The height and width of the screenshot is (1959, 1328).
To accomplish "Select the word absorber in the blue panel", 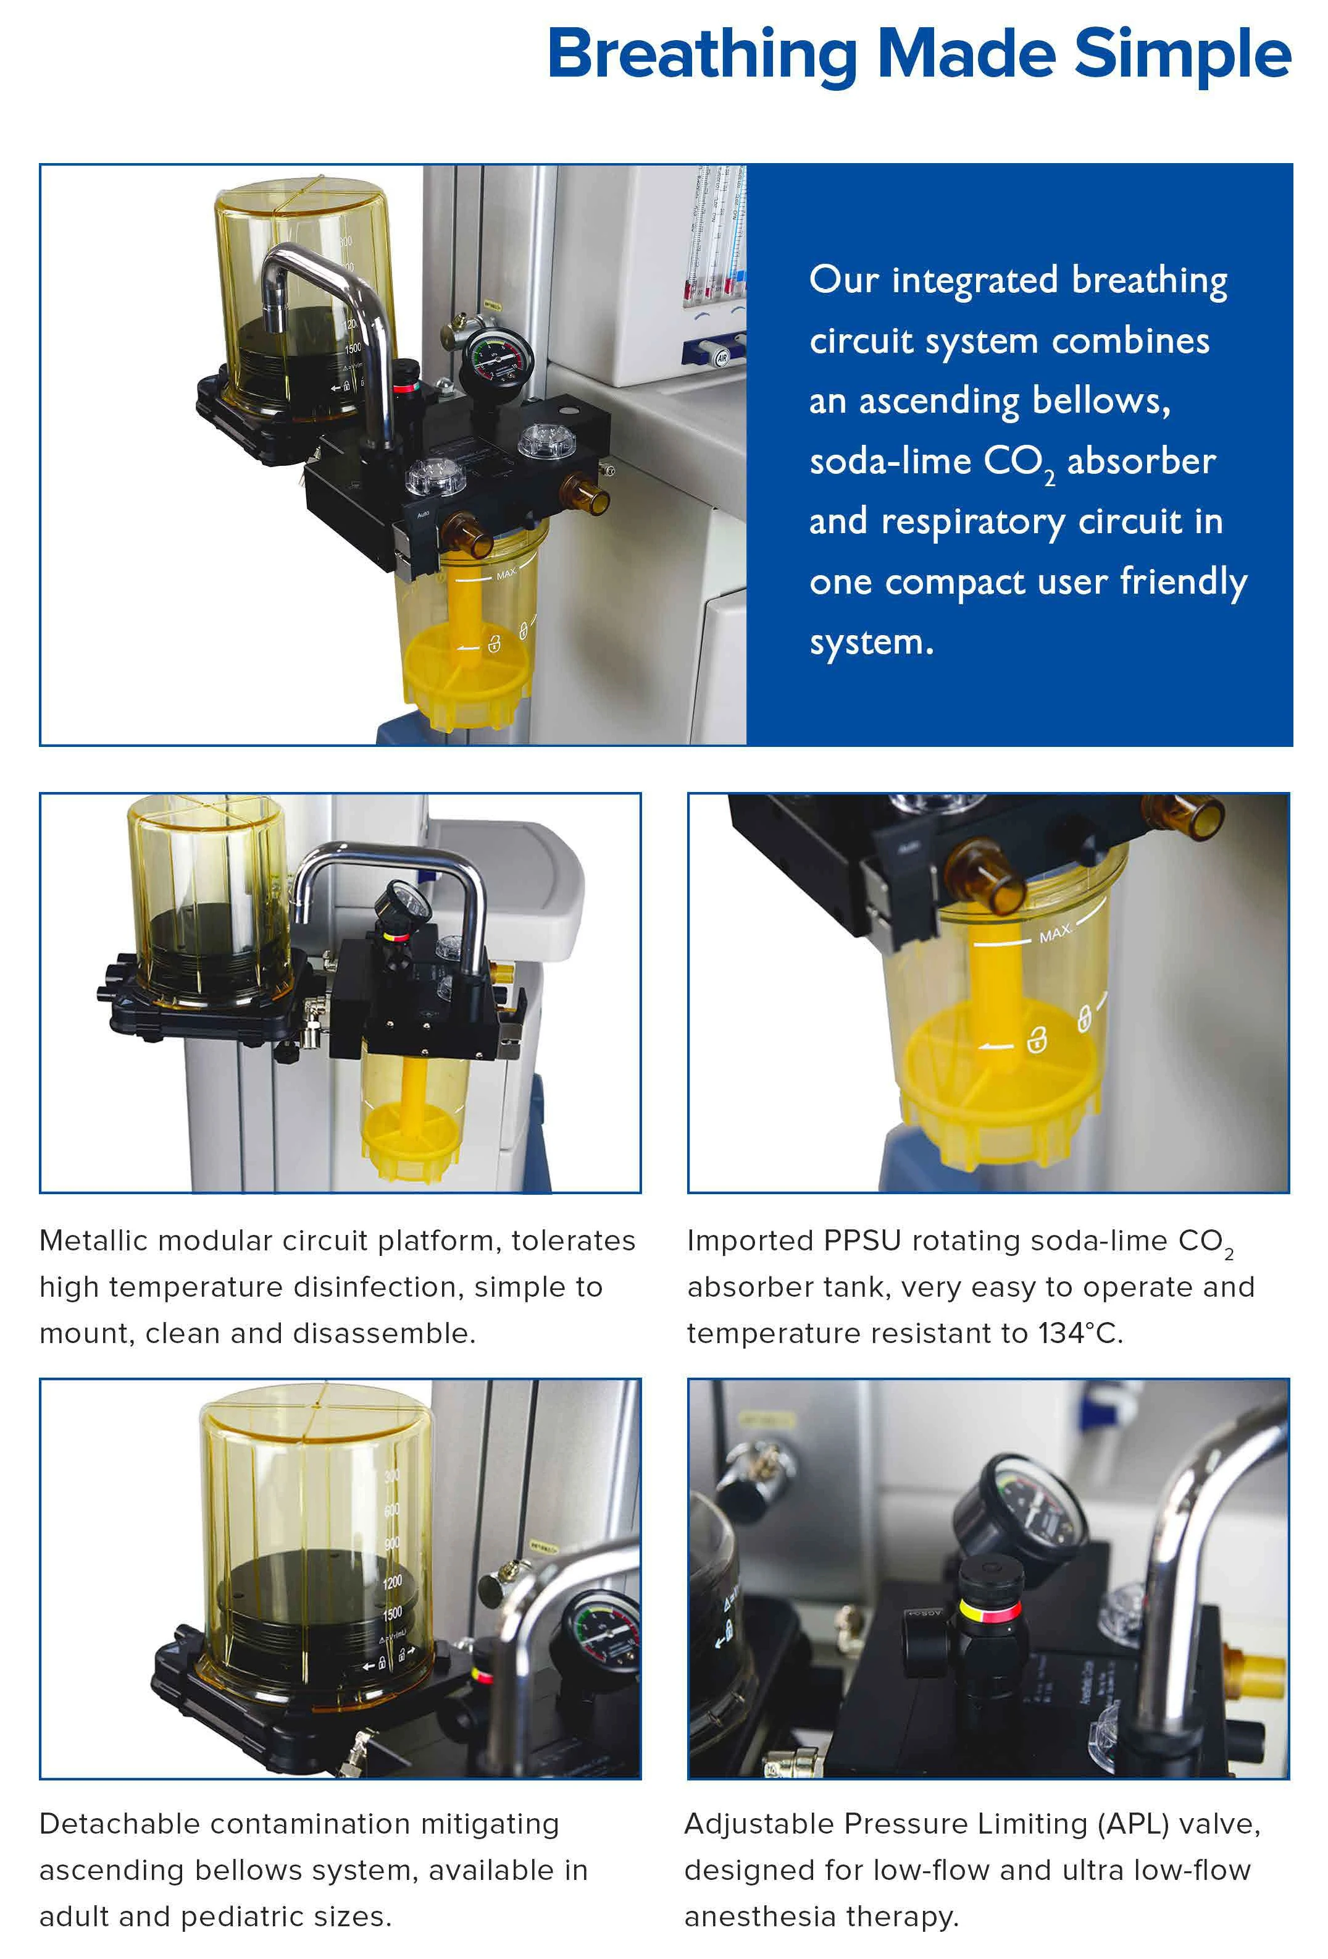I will (1141, 461).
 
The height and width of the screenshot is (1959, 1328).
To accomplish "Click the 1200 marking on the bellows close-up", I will (392, 1582).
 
